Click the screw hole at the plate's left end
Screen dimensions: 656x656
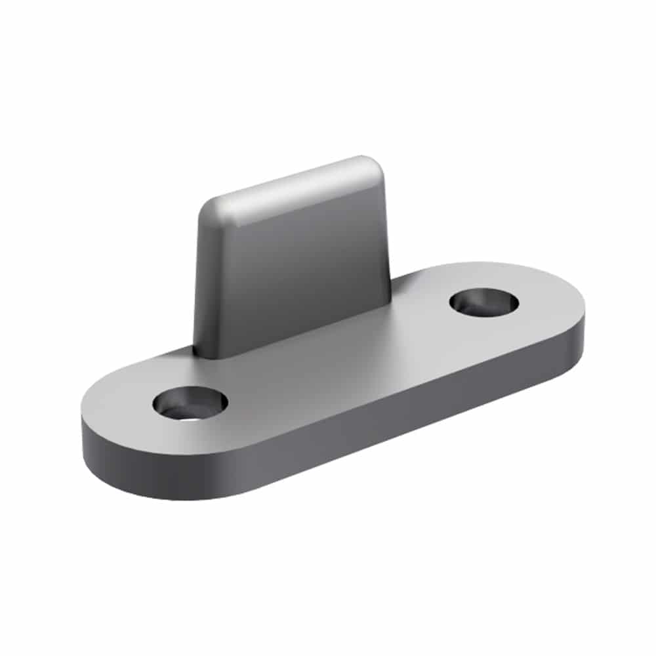click(190, 403)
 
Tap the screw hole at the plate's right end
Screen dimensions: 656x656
click(484, 302)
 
